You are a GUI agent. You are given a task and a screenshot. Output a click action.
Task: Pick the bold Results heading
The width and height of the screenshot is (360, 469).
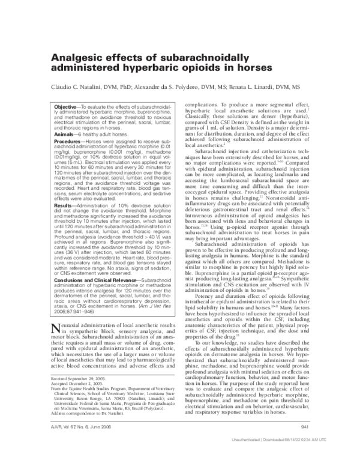[58, 205]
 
